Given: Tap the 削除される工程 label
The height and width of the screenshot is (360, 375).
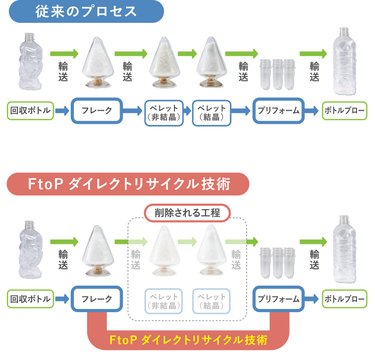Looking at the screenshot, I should [187, 213].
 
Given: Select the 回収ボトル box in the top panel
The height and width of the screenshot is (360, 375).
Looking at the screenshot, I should [31, 111].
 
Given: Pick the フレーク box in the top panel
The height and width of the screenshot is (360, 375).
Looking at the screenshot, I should [97, 111].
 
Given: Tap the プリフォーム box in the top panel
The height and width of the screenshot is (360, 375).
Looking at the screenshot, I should [278, 111].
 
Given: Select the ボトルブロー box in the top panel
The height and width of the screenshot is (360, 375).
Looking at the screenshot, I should [344, 111].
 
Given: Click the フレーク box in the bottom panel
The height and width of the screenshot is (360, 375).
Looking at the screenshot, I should [97, 299].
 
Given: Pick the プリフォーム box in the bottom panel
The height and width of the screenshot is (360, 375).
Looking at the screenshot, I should [278, 299].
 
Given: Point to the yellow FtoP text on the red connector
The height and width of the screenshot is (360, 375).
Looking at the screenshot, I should [188, 340].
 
